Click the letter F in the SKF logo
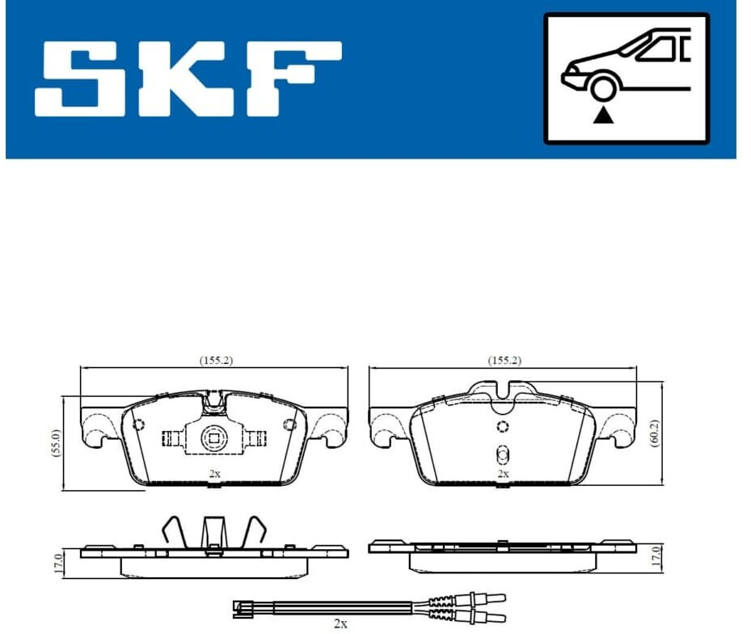click(x=291, y=78)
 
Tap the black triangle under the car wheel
click(x=604, y=116)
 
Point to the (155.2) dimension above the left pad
click(x=216, y=360)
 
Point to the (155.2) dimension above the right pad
click(x=504, y=360)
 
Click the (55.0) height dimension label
click(x=56, y=444)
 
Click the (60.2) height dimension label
click(x=655, y=433)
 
